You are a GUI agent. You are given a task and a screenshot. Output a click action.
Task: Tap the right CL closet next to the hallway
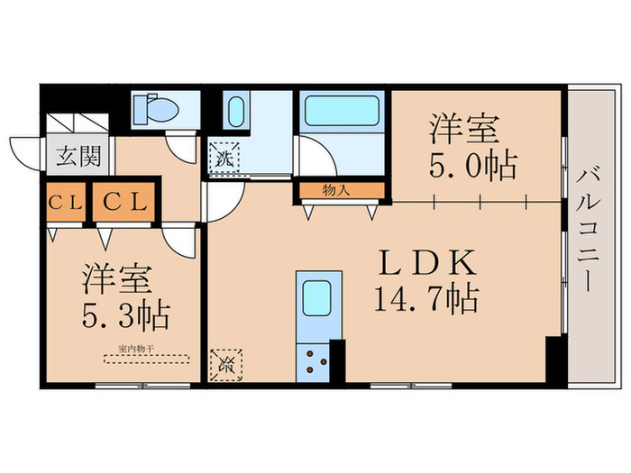pyautogui.click(x=123, y=203)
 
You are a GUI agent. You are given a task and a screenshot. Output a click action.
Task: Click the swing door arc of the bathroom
pyautogui.click(x=317, y=159)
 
